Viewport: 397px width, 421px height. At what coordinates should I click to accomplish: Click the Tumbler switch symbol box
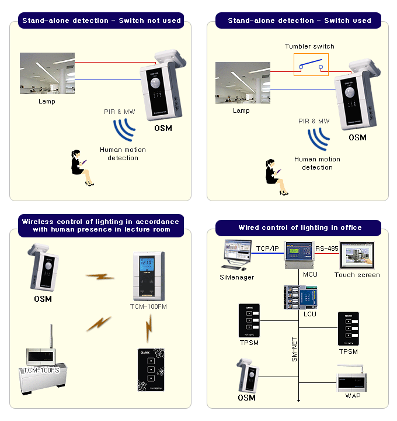tap(311, 65)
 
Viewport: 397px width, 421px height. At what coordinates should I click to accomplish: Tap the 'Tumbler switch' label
tap(309, 46)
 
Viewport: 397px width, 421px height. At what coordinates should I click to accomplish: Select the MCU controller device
tap(299, 255)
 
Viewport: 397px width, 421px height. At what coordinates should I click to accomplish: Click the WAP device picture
tap(352, 380)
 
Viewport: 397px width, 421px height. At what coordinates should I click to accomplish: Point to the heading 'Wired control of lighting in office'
tap(300, 227)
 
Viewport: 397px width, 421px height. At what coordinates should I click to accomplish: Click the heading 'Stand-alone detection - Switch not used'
tap(102, 20)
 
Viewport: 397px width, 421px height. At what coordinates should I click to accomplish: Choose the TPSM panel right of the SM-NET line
tap(349, 330)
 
